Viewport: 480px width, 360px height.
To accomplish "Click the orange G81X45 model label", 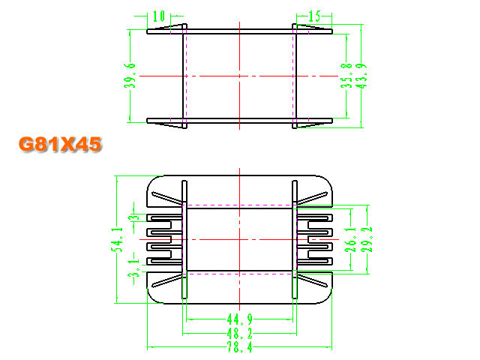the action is [x=60, y=144].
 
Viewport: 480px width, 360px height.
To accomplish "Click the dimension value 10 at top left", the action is [x=159, y=16].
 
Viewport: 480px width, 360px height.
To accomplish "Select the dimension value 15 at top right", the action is [x=314, y=16].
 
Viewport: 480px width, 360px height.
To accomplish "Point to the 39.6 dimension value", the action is [x=130, y=76].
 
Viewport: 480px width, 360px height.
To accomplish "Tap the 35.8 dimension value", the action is [x=346, y=76].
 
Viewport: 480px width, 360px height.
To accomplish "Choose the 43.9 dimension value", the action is [x=361, y=76].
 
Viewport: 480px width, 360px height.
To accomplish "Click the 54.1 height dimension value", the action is [x=117, y=239].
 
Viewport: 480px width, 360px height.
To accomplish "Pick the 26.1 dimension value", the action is [x=351, y=239].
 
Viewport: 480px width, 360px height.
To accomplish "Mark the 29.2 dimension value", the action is [x=367, y=239].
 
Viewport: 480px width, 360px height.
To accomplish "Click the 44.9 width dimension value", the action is [x=240, y=319].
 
